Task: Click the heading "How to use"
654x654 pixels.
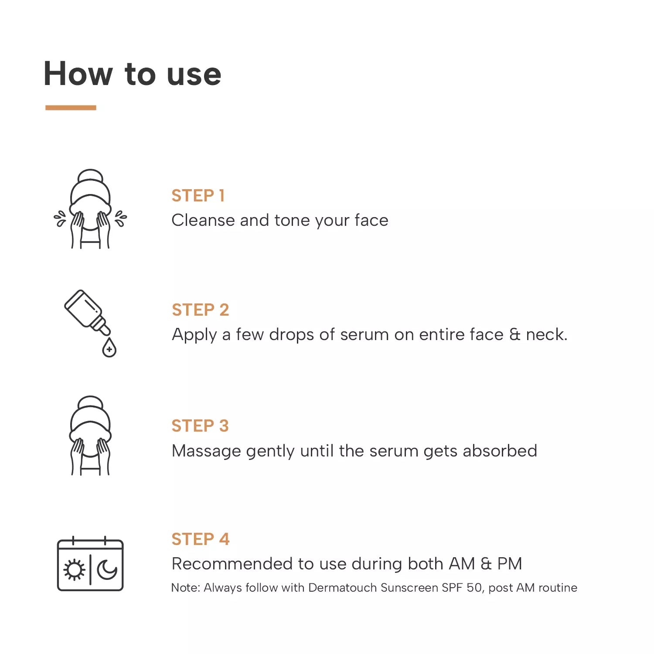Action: click(133, 74)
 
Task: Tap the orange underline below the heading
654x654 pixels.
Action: click(71, 107)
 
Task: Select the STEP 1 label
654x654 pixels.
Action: click(198, 196)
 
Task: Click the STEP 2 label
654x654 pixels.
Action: click(200, 310)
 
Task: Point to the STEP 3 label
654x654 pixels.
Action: click(200, 426)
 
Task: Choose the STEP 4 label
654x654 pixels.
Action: click(201, 539)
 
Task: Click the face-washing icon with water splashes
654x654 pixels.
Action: click(90, 209)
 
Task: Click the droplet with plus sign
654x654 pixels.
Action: click(109, 348)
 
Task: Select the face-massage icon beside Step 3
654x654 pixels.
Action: click(90, 436)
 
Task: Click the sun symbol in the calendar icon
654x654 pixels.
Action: click(74, 569)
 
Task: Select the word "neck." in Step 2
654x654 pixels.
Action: click(547, 335)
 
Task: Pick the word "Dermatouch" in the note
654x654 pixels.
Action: click(342, 588)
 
